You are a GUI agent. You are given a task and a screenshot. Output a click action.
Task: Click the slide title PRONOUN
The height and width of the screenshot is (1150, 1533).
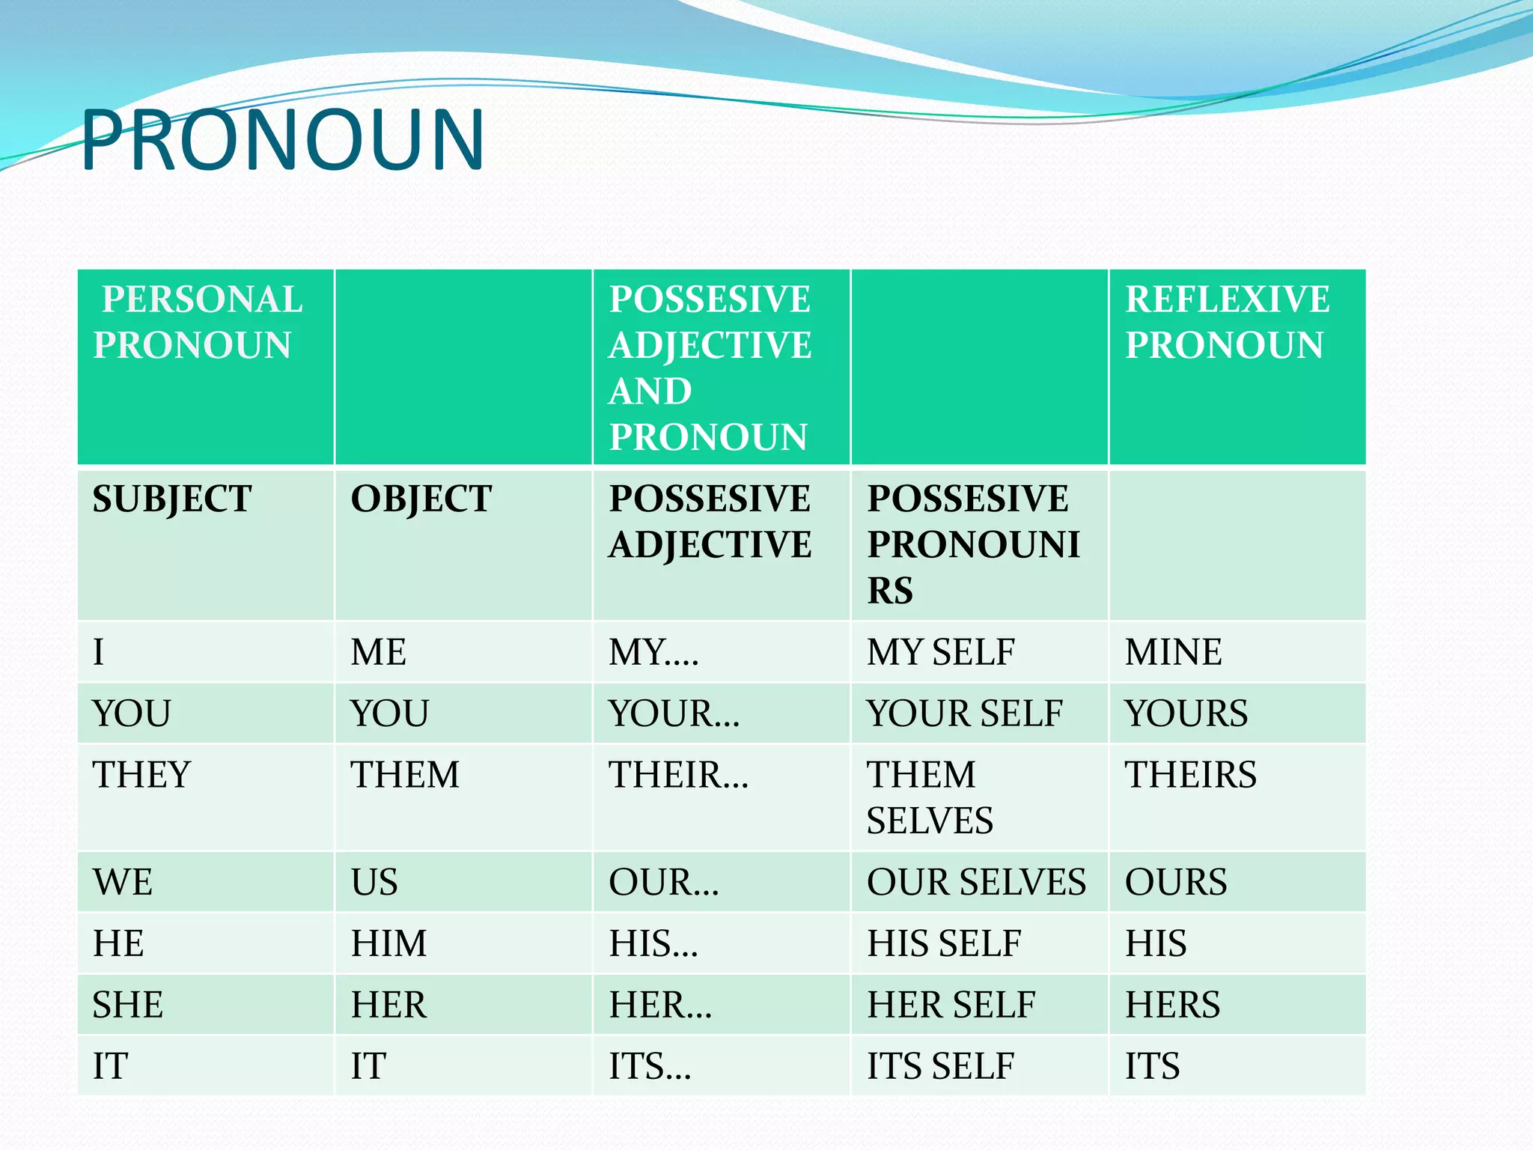point(283,140)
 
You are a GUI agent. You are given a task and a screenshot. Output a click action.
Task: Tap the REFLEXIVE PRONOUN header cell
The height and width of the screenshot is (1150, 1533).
point(1227,322)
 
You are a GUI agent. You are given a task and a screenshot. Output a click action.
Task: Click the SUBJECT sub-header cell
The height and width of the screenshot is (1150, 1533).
point(172,499)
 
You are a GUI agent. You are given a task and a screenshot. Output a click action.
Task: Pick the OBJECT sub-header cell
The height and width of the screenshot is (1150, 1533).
point(421,499)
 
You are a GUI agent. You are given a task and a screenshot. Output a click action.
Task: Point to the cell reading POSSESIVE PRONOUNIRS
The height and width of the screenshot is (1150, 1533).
point(973,544)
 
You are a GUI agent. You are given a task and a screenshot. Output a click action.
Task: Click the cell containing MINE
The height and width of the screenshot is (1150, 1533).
point(1173,651)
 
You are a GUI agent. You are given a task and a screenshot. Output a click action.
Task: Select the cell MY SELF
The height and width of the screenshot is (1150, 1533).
point(941,651)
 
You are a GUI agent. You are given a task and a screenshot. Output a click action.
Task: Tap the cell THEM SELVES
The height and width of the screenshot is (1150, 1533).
point(930,797)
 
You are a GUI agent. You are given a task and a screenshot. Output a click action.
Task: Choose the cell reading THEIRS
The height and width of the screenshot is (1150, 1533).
point(1190,774)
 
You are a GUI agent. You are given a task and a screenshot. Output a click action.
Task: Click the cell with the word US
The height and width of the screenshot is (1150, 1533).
point(374,881)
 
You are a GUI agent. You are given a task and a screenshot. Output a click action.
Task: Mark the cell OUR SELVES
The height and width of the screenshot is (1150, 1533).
point(976,881)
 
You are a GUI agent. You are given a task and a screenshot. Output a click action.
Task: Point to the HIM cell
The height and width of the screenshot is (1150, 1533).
point(388,943)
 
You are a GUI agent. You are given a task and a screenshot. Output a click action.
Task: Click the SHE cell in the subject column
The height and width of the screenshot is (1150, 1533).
point(127,1004)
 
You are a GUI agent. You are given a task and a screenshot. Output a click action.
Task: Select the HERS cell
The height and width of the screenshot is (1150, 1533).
point(1172,1004)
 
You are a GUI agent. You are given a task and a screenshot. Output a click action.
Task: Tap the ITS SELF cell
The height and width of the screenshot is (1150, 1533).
point(940,1065)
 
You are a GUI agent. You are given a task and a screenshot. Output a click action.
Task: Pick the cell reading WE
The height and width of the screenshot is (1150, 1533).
point(123,881)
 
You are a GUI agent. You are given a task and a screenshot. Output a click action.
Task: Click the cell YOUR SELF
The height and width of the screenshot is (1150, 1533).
point(964,713)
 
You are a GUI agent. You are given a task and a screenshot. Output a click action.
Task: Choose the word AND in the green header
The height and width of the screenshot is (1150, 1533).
point(650,391)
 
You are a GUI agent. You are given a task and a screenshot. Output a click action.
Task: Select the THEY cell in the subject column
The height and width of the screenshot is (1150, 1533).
point(141,774)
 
